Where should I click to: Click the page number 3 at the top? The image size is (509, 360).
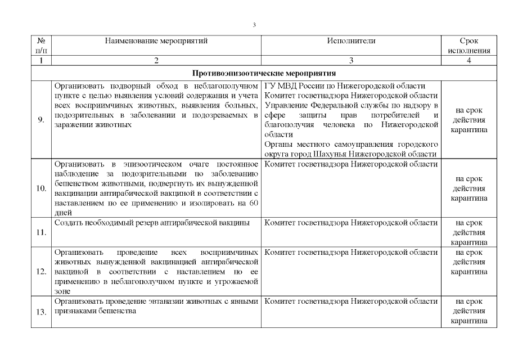[254, 25]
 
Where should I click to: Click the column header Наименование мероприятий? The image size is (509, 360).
[156, 41]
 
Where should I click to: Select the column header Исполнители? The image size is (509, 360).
[351, 41]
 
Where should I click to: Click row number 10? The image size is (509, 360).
[42, 188]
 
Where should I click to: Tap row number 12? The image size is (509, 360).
[42, 271]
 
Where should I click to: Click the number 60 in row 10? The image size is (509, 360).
[253, 204]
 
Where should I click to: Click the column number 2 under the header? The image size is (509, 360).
[156, 60]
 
